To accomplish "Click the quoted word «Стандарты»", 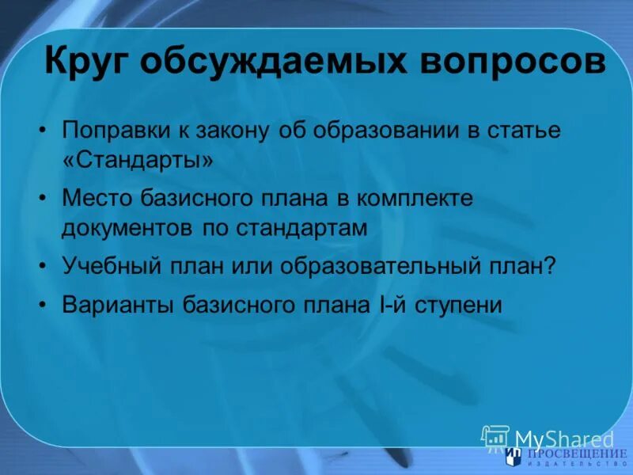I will point(138,160).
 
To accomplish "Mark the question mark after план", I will point(551,265).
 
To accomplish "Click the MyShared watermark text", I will point(564,439).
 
